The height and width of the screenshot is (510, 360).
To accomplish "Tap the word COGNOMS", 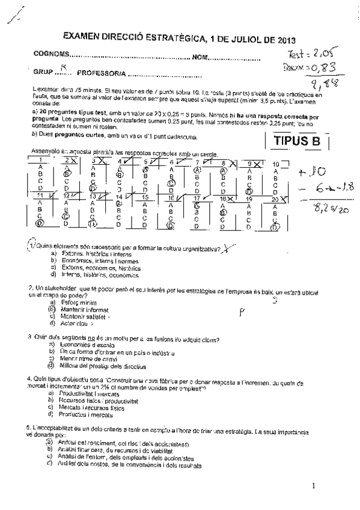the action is (50, 55).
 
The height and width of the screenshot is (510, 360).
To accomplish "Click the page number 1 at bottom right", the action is (313, 486).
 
